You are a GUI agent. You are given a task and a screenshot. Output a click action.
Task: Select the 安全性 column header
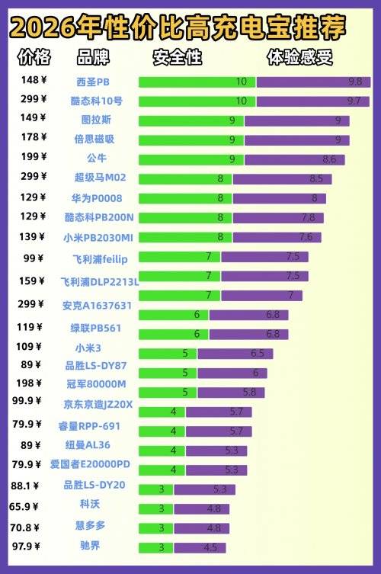click(x=177, y=57)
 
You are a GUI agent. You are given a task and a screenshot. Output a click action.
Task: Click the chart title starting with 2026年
click(x=178, y=28)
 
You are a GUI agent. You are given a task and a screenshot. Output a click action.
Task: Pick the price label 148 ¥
click(x=34, y=79)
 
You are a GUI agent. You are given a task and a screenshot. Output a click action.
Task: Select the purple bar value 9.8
click(x=313, y=82)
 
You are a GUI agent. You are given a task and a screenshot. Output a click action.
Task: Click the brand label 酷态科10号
click(x=96, y=101)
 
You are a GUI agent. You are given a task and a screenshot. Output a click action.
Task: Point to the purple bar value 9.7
click(x=312, y=101)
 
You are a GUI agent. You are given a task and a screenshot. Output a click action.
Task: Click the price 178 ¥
click(x=34, y=137)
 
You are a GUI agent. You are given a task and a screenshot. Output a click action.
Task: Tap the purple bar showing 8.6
click(x=294, y=159)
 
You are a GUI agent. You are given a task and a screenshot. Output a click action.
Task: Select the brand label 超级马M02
click(x=100, y=177)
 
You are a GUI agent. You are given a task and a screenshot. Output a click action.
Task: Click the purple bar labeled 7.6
click(x=277, y=237)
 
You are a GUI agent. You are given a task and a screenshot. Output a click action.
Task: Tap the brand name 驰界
click(x=90, y=545)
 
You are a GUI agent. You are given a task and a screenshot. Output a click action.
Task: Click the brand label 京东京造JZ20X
click(x=98, y=404)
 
